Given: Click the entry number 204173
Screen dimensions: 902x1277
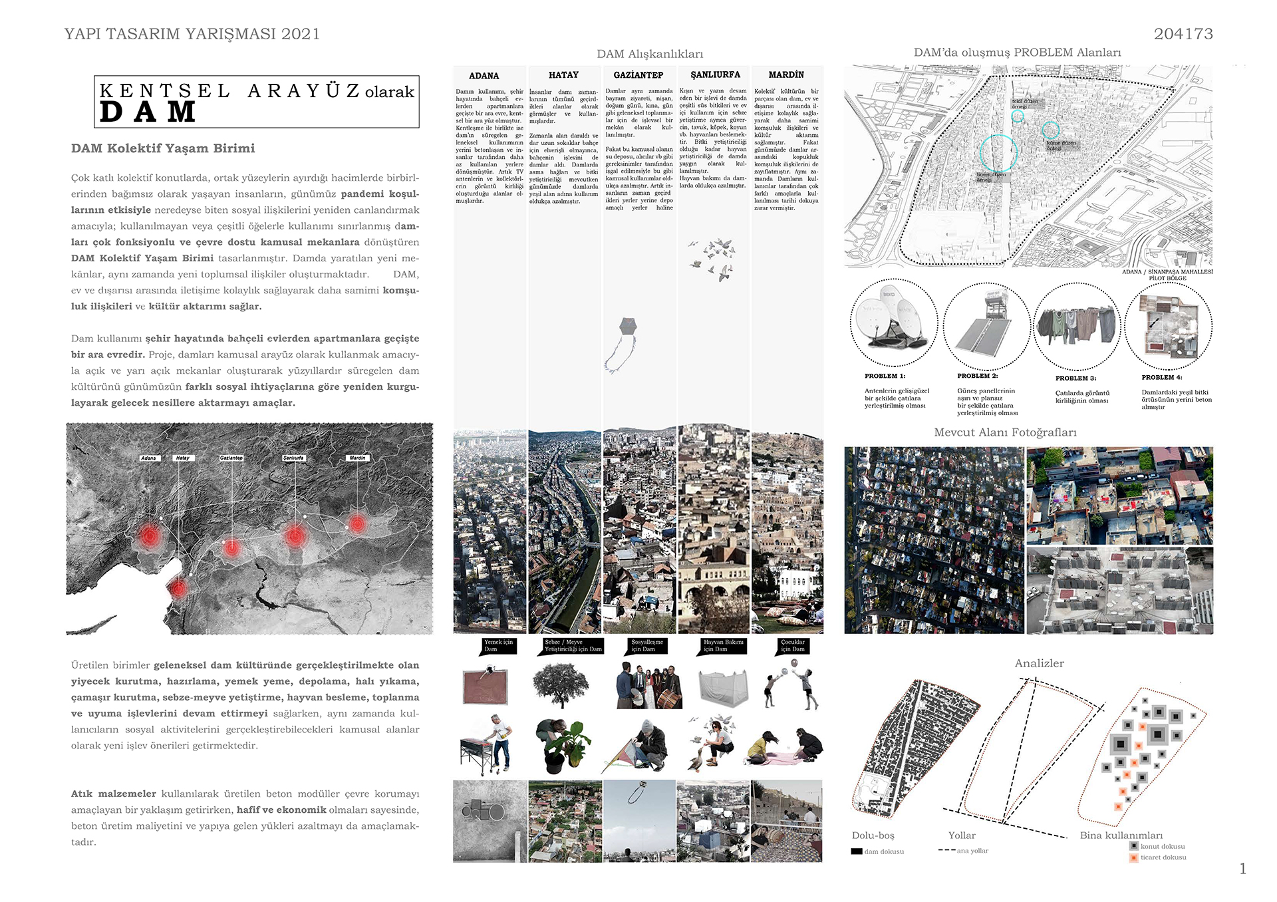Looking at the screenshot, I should (x=1183, y=34).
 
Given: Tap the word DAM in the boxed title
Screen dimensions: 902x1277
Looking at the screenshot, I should (x=148, y=112).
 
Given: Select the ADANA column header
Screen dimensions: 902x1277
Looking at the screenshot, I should (x=484, y=76).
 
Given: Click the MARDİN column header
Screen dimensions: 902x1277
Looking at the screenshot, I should (x=786, y=75).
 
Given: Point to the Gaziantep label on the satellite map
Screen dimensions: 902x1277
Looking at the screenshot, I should (x=231, y=458).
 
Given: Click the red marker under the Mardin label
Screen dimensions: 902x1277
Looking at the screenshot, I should (x=357, y=524).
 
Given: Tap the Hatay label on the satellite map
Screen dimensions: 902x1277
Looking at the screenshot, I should (x=182, y=458).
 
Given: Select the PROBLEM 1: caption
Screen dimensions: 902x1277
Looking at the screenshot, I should (x=885, y=376).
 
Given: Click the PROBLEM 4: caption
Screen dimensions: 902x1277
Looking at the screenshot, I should (x=1162, y=378).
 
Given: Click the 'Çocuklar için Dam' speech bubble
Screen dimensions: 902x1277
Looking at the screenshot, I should (x=793, y=646).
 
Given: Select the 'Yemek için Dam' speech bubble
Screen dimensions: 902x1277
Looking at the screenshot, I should (x=498, y=646).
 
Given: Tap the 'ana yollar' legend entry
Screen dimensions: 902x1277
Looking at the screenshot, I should (x=964, y=851).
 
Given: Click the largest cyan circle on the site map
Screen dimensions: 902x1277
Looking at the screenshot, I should (x=998, y=152).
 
